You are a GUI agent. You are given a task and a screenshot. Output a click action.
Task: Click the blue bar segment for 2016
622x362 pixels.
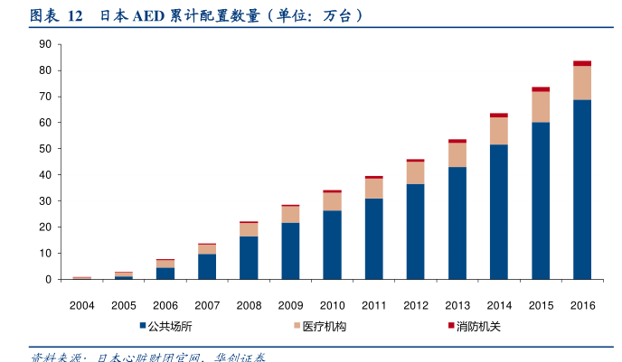pos(582,190)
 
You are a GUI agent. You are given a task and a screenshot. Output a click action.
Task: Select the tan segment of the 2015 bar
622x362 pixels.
pos(541,107)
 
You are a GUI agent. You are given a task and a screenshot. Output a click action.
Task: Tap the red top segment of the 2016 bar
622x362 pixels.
pos(582,63)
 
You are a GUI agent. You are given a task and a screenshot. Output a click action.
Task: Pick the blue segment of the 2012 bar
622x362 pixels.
pos(416,231)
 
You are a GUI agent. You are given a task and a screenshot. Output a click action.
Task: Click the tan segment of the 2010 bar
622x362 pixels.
pos(333,201)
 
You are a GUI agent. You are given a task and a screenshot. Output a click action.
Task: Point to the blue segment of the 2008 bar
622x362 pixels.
pos(249,257)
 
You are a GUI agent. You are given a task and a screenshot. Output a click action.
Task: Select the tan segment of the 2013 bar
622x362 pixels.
pos(457,154)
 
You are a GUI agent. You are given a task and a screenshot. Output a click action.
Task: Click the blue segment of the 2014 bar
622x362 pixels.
pos(499,211)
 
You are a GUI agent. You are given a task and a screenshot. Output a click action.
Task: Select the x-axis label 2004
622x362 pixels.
pos(82,305)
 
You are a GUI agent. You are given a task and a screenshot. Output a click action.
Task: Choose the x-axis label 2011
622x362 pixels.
pos(374,305)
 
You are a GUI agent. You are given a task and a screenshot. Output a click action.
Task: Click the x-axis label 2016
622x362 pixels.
pos(582,305)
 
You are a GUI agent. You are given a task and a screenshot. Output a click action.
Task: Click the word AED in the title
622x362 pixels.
pos(148,15)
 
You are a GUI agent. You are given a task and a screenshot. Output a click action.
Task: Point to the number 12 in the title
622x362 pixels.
pos(76,15)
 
